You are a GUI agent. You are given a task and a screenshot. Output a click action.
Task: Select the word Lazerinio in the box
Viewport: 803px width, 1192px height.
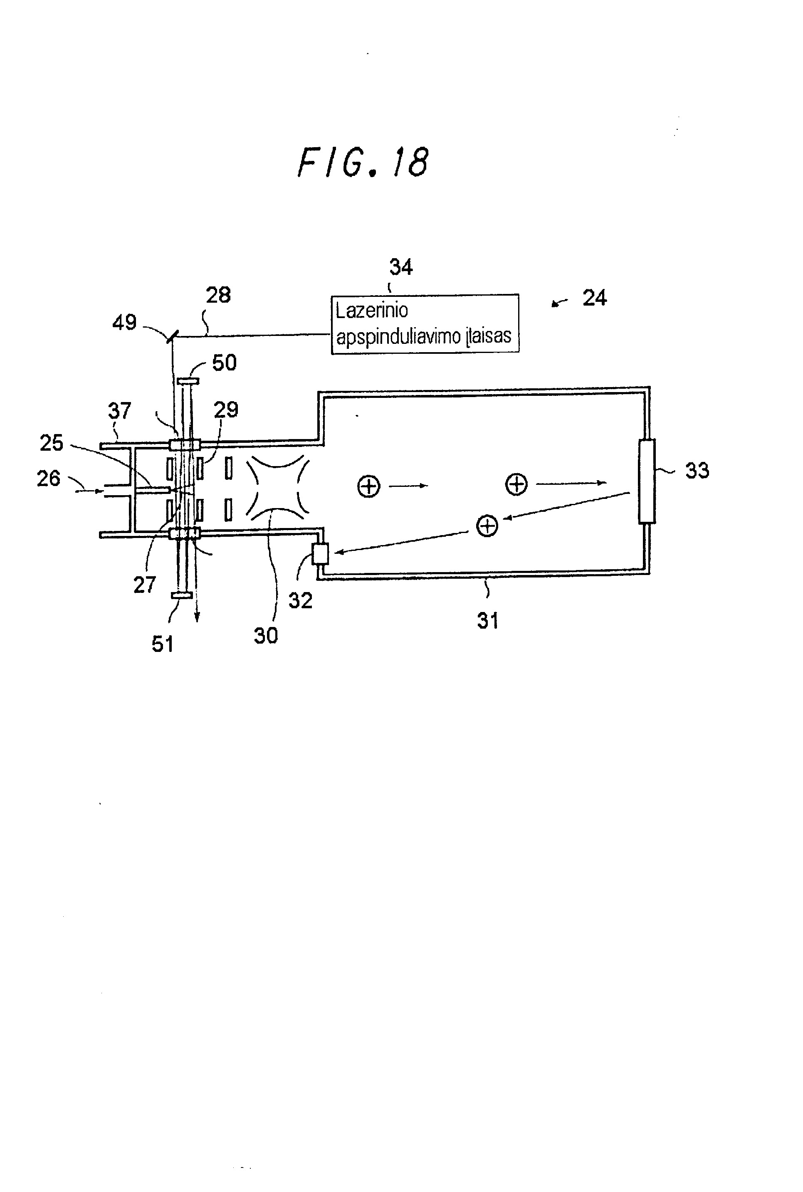pyautogui.click(x=372, y=310)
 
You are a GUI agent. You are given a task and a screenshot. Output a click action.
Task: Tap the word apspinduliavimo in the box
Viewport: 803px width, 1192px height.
pyautogui.click(x=398, y=336)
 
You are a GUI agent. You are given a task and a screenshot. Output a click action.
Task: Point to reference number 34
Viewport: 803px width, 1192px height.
pyautogui.click(x=401, y=267)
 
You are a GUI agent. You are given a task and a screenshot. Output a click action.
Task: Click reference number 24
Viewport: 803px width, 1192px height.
pyautogui.click(x=595, y=298)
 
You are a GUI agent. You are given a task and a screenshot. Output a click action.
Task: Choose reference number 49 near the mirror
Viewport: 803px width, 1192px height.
pyautogui.click(x=124, y=323)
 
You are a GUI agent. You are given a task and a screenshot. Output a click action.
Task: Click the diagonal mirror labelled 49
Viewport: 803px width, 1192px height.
pyautogui.click(x=172, y=336)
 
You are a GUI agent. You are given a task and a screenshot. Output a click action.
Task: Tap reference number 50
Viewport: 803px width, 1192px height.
pyautogui.click(x=224, y=363)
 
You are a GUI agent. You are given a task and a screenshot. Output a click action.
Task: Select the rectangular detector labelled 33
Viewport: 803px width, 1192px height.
pyautogui.click(x=647, y=481)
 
